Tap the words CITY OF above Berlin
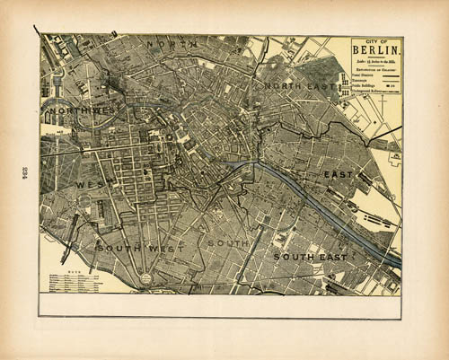(x=377, y=42)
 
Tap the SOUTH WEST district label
(x=140, y=247)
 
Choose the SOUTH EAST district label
(x=310, y=257)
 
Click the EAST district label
(x=339, y=173)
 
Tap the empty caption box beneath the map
(x=220, y=305)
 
